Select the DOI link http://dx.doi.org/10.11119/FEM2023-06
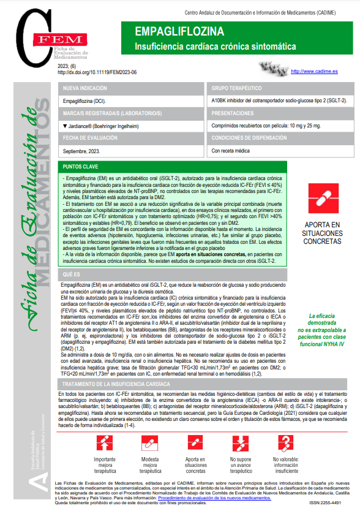tap(97, 72)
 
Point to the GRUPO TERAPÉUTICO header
tap(236, 88)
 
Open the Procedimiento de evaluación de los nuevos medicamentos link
tap(214, 498)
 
